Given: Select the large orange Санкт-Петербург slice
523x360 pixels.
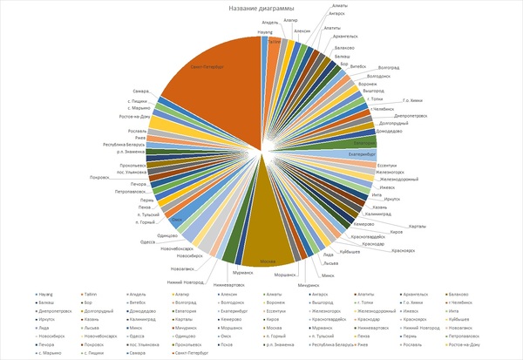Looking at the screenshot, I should (218, 87).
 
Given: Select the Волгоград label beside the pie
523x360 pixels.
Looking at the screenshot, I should (384, 66).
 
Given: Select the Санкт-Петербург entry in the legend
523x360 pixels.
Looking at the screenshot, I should (191, 355).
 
